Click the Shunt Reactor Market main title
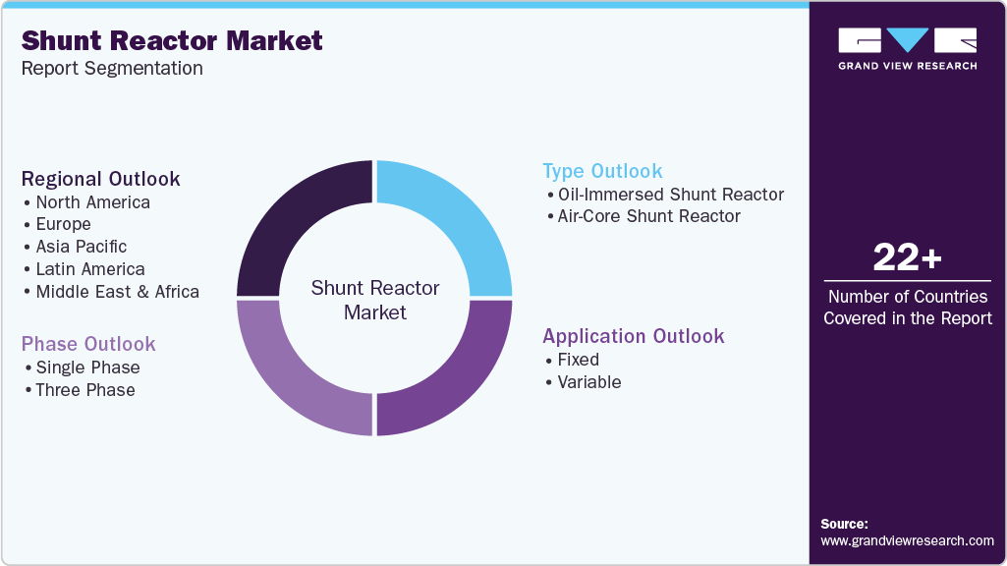[x=172, y=40]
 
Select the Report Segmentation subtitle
[x=112, y=68]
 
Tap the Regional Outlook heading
[x=101, y=179]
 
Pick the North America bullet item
[x=92, y=202]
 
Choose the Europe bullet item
[x=63, y=224]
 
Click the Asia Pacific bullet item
[x=81, y=247]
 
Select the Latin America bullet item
[x=90, y=269]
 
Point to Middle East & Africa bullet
[x=117, y=292]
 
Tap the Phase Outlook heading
[x=88, y=344]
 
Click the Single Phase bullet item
[x=87, y=368]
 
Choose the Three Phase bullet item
[x=84, y=390]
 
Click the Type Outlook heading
[x=602, y=171]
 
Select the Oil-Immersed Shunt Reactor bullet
[x=670, y=195]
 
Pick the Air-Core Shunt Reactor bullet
[x=648, y=216]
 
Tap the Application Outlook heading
[x=634, y=336]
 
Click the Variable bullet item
[x=588, y=382]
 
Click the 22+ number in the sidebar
[x=908, y=257]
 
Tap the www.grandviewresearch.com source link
[x=907, y=541]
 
